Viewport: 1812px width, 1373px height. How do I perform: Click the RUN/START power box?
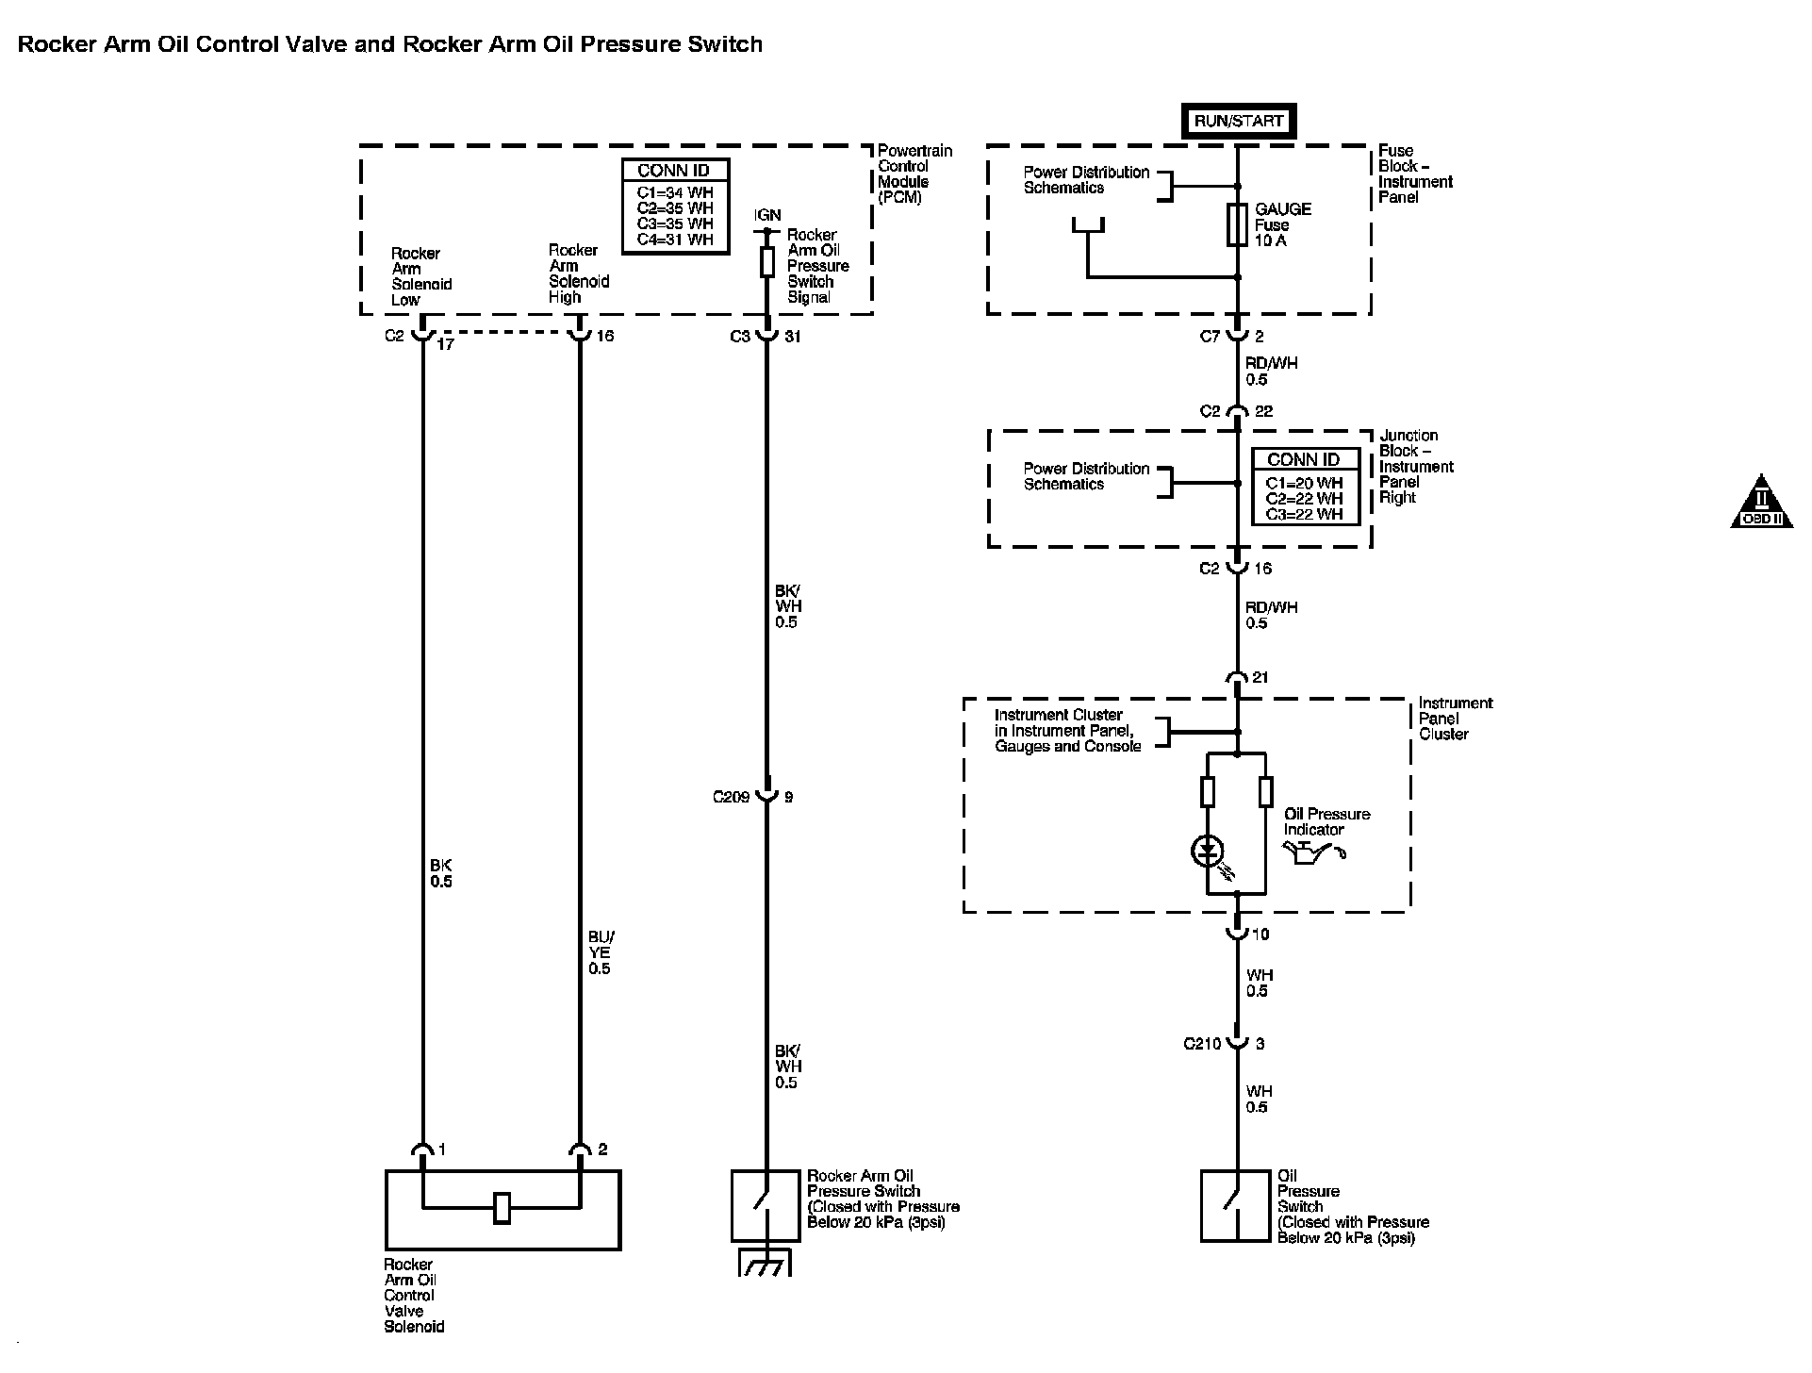pos(1238,121)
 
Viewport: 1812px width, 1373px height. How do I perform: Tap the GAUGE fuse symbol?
pos(1238,224)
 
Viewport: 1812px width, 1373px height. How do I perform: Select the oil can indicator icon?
pos(1314,852)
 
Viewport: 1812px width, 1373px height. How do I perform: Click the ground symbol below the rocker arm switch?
pos(765,1263)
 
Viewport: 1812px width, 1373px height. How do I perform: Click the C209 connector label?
pos(731,798)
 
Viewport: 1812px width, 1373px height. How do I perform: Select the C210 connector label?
pos(1202,1044)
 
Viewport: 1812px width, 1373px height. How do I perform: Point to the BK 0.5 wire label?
pos(441,873)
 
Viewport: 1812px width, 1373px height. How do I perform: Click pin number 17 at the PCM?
pos(445,345)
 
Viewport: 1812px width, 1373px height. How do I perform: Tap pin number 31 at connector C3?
pos(792,337)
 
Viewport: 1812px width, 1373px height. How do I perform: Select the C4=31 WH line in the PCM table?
pos(675,240)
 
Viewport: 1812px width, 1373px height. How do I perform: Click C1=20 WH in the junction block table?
pos(1304,483)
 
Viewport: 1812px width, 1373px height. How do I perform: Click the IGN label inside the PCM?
pos(767,215)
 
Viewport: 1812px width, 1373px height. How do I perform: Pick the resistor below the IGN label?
pos(767,261)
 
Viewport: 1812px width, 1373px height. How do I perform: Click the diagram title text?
pos(390,44)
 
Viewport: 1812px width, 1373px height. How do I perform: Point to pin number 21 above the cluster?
pos(1260,678)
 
